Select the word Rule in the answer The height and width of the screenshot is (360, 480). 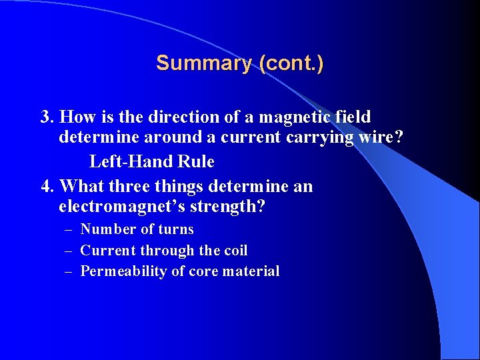point(197,161)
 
